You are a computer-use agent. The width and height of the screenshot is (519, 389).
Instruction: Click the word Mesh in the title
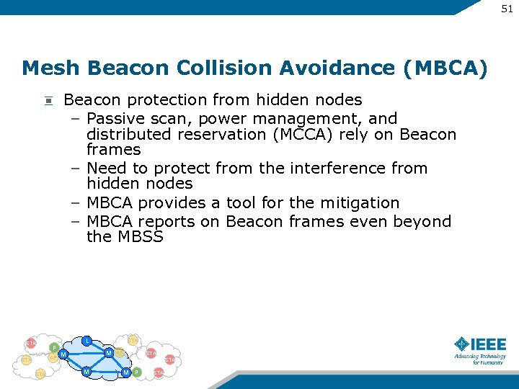(50, 68)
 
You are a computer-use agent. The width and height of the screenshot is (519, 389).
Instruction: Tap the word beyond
(422, 221)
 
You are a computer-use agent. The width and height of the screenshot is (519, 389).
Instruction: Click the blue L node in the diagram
(86, 340)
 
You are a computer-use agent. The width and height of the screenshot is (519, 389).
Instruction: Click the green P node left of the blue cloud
(54, 348)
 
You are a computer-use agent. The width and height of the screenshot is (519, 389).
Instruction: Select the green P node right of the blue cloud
(137, 372)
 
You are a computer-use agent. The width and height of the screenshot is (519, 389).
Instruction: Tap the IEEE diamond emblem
(462, 344)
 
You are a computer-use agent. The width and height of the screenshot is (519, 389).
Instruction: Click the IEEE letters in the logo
(489, 344)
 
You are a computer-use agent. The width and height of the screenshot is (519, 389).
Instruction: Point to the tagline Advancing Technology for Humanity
(479, 359)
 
